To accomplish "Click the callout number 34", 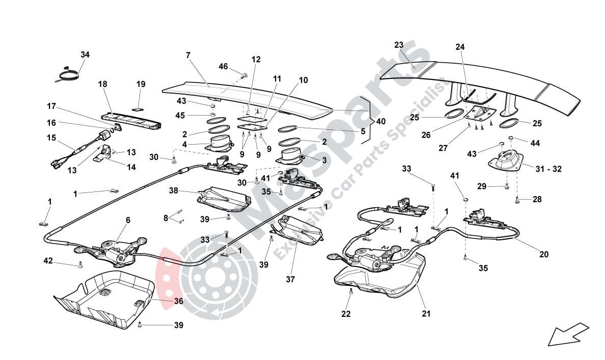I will (85, 54).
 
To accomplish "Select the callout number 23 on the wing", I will (399, 45).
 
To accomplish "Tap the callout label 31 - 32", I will (549, 169).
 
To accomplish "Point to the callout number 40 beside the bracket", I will (381, 121).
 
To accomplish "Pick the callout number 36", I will (178, 301).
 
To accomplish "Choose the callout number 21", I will (426, 314).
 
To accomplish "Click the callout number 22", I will (346, 314).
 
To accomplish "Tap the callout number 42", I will (48, 261).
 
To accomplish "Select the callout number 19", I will (141, 84).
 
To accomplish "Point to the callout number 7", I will (188, 54).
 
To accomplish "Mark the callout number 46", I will (224, 66).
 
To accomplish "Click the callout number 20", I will (544, 254).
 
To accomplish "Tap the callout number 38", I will (174, 190).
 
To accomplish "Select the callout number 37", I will (290, 279).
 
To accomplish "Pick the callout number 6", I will (128, 220).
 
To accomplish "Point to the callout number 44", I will (535, 144).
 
